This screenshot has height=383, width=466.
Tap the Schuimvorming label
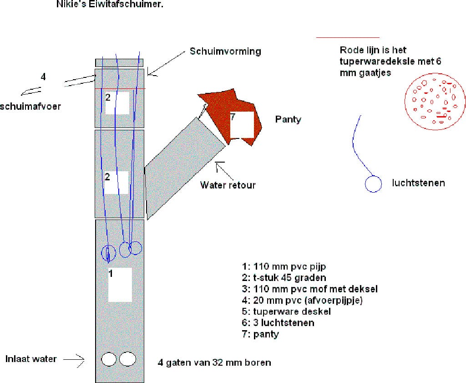[225, 51]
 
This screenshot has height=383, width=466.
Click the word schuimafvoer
[30, 106]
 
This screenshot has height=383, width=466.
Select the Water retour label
[228, 185]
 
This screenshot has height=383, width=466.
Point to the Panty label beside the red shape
[288, 119]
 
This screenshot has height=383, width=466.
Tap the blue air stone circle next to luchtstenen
[374, 184]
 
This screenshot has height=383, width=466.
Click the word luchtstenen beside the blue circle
[418, 183]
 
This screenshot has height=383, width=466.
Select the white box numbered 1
[120, 284]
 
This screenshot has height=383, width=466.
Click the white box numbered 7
[241, 124]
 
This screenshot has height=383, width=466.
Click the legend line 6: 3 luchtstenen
[278, 323]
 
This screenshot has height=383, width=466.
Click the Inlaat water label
[31, 359]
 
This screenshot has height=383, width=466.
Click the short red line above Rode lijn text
[348, 37]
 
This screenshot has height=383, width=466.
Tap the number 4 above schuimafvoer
[43, 77]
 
